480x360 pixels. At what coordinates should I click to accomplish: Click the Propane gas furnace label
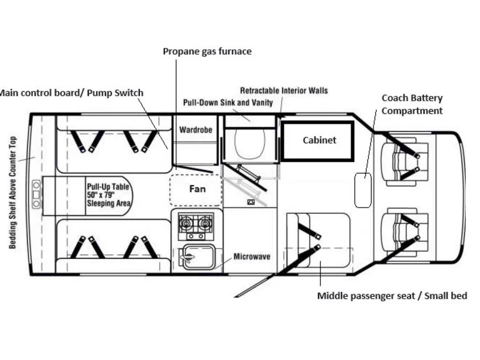tap(207, 51)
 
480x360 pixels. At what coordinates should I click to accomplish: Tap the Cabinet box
tap(319, 141)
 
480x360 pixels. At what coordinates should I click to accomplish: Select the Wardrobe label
tap(196, 130)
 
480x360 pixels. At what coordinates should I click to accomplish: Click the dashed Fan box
tap(197, 189)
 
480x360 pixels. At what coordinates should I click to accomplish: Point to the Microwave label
tap(252, 257)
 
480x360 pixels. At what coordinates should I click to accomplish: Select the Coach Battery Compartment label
tap(412, 104)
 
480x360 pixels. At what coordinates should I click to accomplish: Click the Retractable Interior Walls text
tap(284, 91)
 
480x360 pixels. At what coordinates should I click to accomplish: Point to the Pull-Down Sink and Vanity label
tap(227, 102)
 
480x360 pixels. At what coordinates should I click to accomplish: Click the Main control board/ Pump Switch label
tap(71, 93)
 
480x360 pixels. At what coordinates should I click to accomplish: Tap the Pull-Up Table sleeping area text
tap(108, 194)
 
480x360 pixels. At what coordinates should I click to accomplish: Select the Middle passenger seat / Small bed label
tap(392, 296)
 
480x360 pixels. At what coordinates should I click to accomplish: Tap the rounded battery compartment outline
tap(362, 190)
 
